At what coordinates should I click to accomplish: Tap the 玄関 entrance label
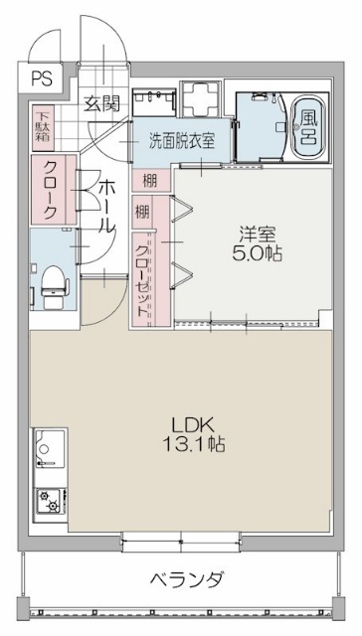(101, 101)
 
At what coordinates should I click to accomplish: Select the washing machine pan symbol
(205, 100)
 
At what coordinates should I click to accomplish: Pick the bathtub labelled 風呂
(307, 126)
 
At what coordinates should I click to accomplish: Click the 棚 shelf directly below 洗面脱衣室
(148, 180)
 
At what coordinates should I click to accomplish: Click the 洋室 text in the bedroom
(255, 235)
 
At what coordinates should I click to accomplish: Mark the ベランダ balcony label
(186, 579)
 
